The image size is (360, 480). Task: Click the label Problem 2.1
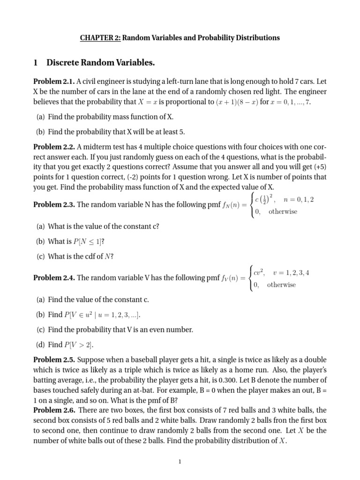pos(53,82)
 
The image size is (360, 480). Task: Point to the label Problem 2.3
pos(53,205)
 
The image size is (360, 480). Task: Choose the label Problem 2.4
pos(53,278)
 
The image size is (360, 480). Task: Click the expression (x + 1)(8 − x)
pos(238,102)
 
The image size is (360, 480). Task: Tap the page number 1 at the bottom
pos(180,462)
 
